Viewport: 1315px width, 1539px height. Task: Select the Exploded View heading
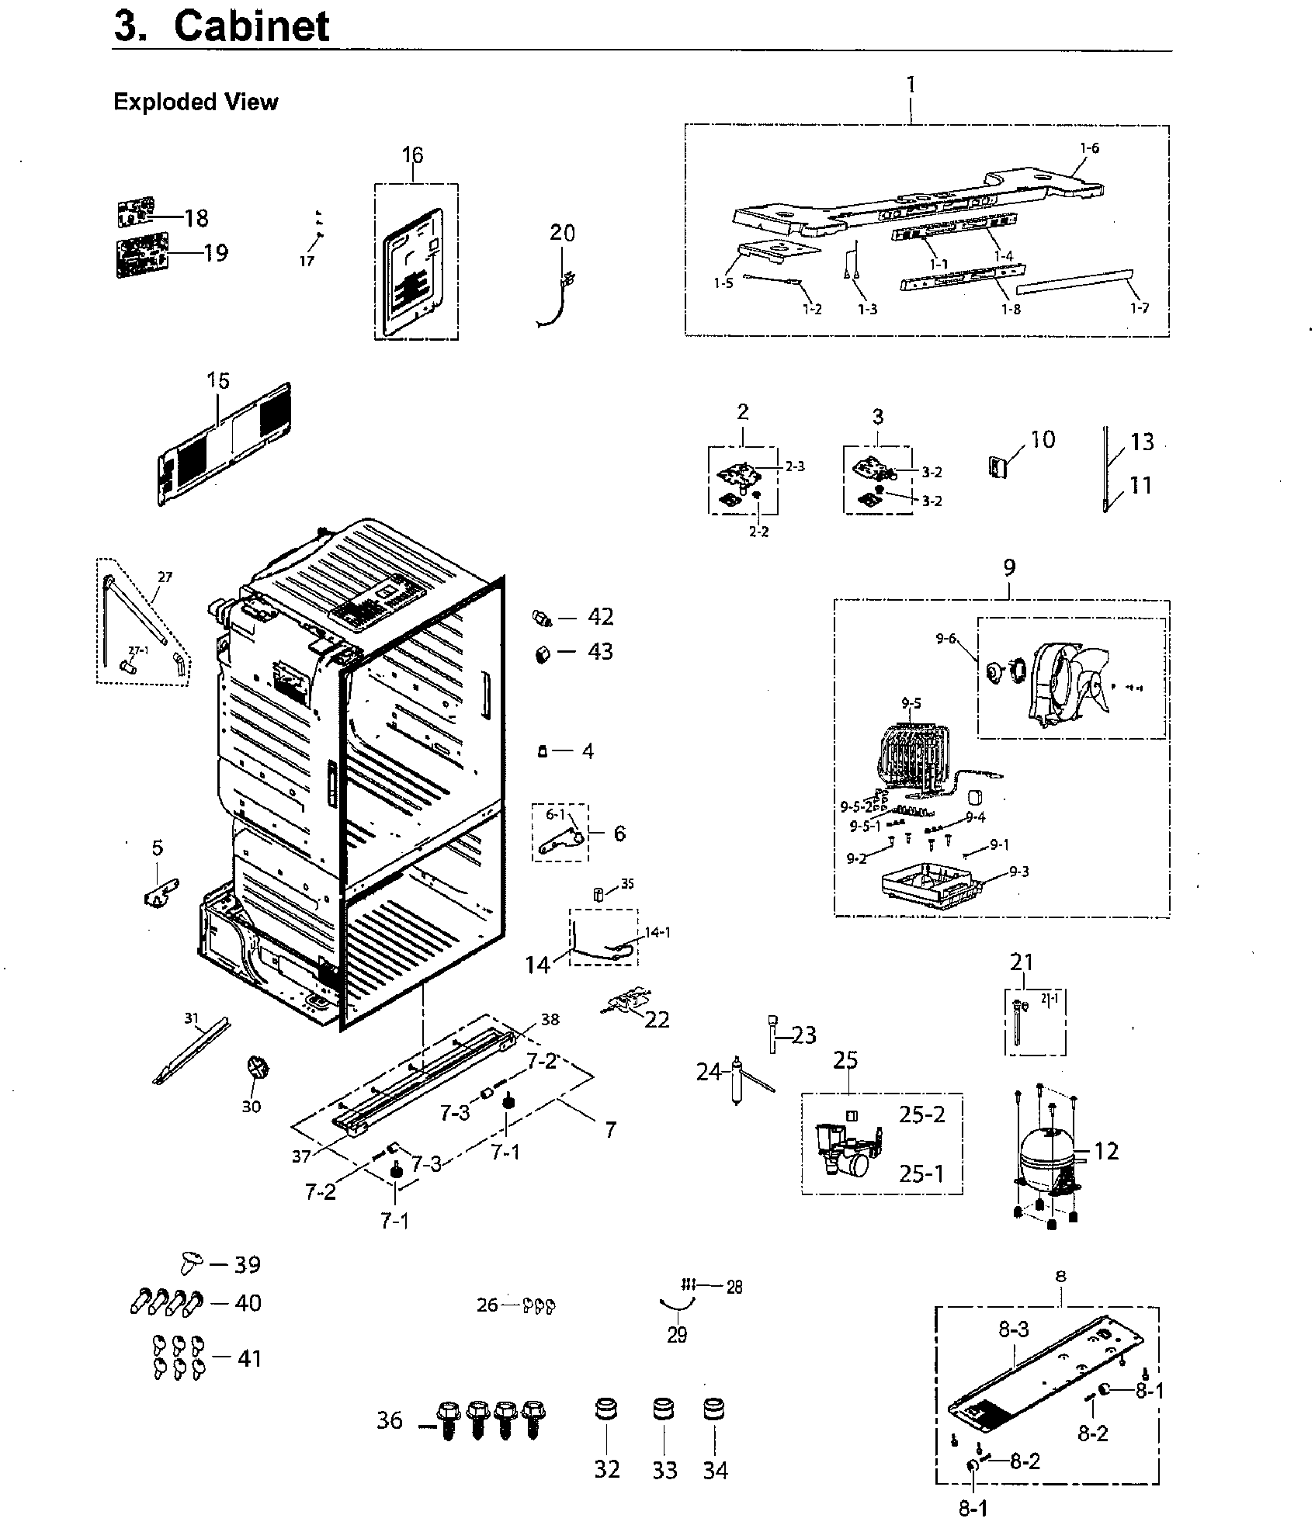[x=196, y=102]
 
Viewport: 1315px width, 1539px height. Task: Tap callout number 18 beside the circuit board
[x=196, y=218]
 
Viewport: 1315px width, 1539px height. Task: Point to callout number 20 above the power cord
[x=563, y=232]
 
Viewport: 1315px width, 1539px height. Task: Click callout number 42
[x=600, y=616]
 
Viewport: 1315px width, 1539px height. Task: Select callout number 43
[x=600, y=651]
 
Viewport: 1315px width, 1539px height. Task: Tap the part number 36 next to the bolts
[x=390, y=1420]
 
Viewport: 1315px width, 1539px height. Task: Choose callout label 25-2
[x=922, y=1114]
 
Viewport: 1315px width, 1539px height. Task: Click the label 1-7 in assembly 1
[x=1139, y=308]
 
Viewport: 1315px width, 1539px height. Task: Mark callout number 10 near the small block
[x=1043, y=440]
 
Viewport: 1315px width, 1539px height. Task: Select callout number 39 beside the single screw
[x=248, y=1264]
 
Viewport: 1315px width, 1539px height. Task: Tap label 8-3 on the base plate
[x=1013, y=1329]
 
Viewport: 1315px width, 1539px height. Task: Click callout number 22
[x=657, y=1019]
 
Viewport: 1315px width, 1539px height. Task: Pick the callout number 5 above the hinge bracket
[x=158, y=847]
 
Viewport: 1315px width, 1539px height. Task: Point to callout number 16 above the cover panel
[x=412, y=155]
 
